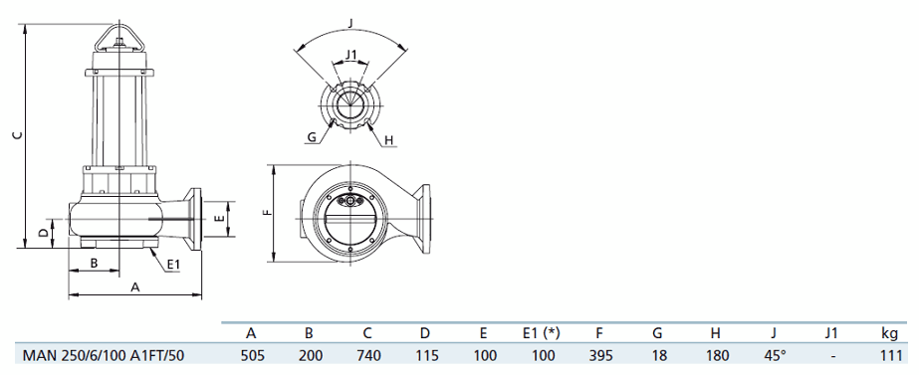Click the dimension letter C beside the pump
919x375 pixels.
18,135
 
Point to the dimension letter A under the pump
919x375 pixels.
135,287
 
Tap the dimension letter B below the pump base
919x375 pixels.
94,263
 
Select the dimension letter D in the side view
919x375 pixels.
44,233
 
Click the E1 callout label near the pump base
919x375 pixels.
173,265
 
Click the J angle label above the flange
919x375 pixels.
349,24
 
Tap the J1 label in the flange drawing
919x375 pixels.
351,55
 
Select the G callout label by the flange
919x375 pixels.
312,137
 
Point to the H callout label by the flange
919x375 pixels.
388,140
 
